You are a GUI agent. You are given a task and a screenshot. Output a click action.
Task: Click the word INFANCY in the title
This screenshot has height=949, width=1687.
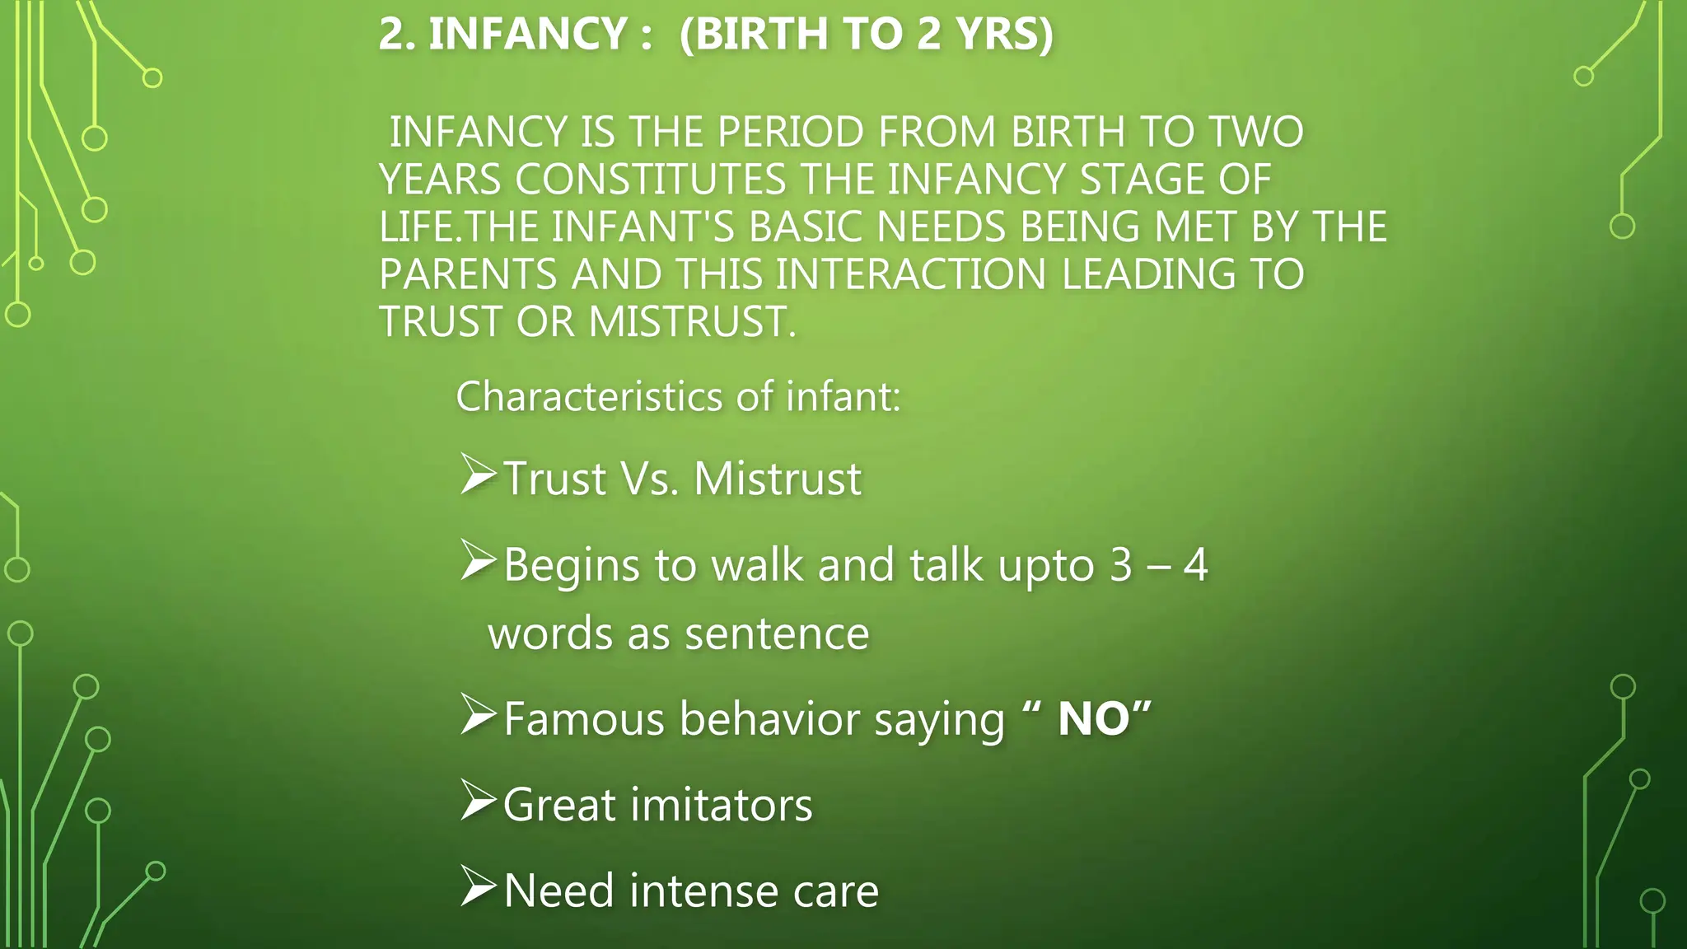[528, 35]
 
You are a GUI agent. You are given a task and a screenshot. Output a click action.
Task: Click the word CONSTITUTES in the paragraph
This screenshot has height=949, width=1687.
[651, 180]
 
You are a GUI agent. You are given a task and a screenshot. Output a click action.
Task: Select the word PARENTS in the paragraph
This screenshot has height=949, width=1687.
[468, 274]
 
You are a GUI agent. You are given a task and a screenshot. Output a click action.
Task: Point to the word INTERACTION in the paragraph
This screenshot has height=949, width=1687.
[910, 274]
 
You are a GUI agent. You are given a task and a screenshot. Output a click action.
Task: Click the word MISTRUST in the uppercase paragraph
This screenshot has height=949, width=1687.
[692, 321]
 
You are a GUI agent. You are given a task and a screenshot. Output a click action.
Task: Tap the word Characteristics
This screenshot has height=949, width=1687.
[590, 397]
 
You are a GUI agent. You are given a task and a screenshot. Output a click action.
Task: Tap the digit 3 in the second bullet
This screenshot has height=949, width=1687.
[1121, 565]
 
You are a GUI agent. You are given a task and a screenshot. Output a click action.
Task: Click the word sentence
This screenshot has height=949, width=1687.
[777, 634]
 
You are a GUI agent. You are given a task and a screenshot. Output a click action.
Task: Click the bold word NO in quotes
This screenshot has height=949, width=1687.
[1093, 719]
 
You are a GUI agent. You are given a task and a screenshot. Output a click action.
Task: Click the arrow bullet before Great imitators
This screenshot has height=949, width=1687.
[478, 800]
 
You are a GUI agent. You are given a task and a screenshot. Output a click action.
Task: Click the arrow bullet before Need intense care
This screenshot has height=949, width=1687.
[478, 886]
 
